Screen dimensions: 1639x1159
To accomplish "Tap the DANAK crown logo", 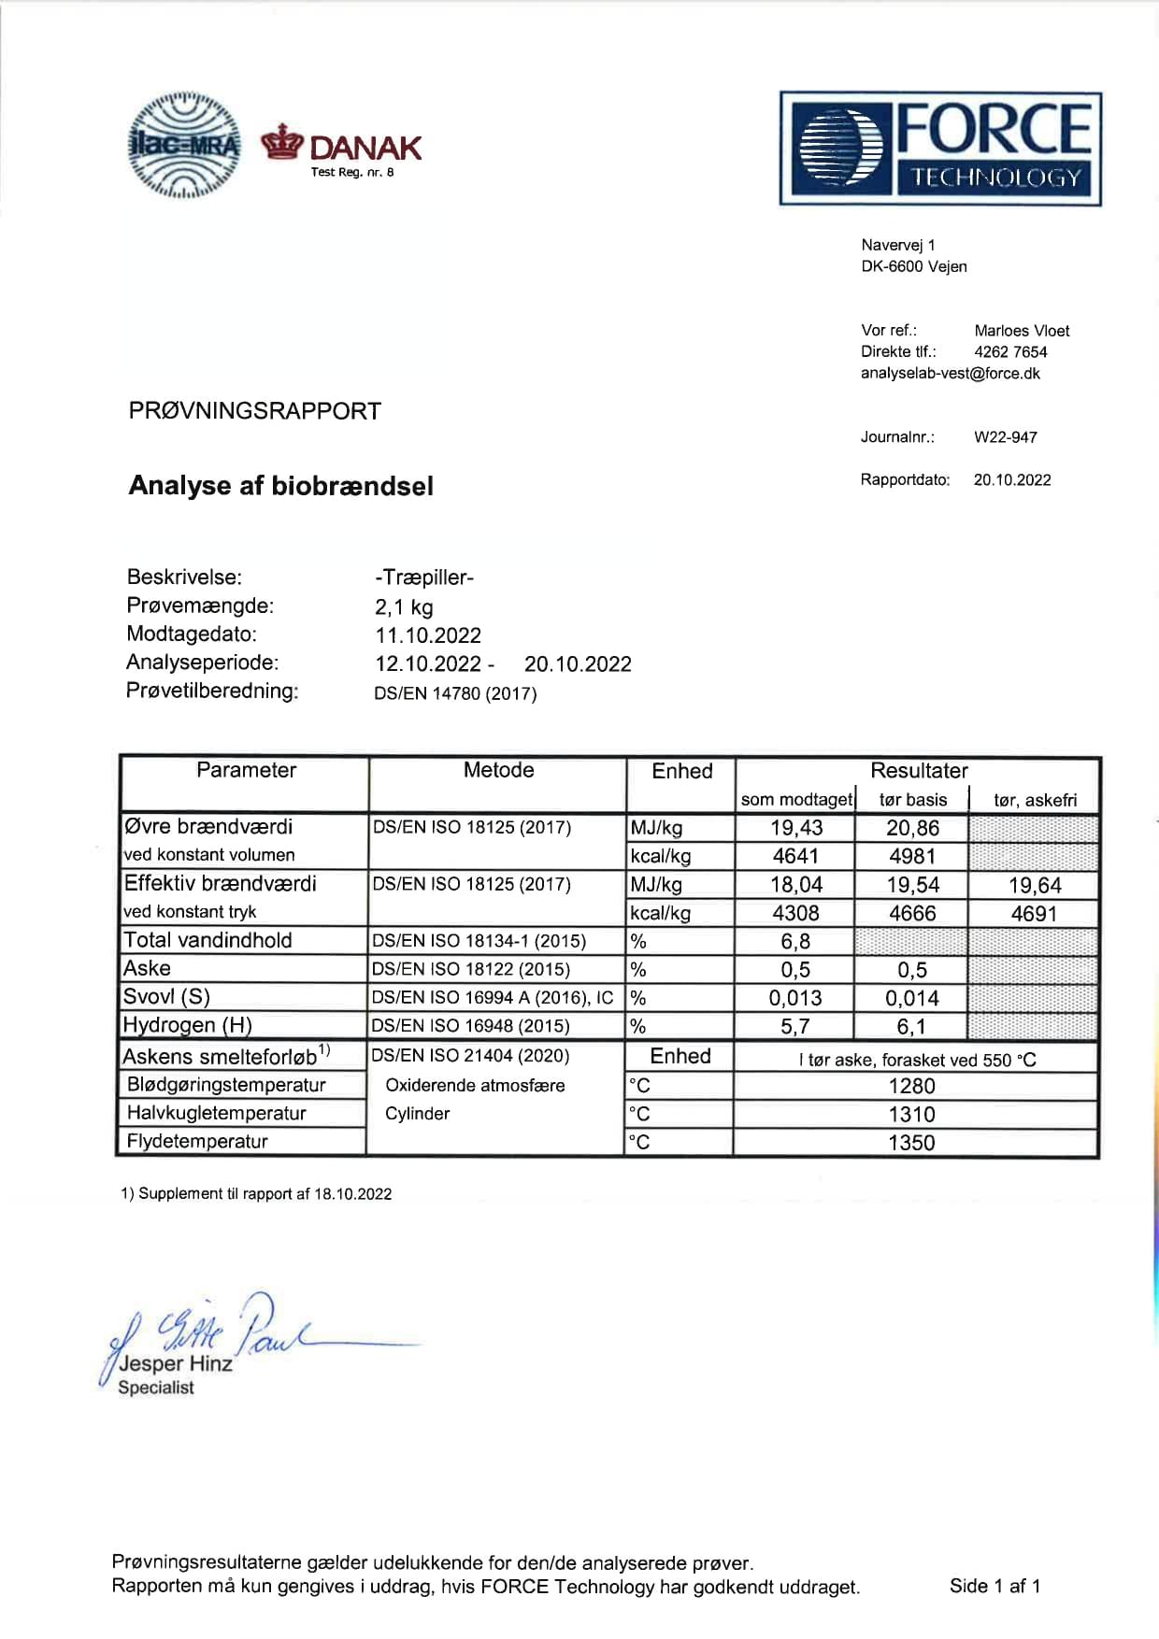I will pyautogui.click(x=282, y=142).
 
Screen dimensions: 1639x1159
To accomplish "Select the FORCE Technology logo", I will pyautogui.click(x=940, y=149).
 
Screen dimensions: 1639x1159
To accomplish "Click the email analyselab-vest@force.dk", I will pyautogui.click(x=950, y=374).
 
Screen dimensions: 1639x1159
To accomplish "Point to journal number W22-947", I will pyautogui.click(x=1005, y=437).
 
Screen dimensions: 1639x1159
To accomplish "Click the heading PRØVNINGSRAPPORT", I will pyautogui.click(x=254, y=411).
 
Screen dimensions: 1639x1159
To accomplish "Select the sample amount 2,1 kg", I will pyautogui.click(x=404, y=607).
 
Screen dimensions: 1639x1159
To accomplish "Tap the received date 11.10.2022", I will pyautogui.click(x=428, y=635).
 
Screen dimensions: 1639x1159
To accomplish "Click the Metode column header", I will pyautogui.click(x=498, y=770).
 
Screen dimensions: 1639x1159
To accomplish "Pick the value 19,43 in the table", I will pyautogui.click(x=796, y=828).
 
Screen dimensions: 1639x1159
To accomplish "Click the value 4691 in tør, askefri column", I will pyautogui.click(x=1034, y=913).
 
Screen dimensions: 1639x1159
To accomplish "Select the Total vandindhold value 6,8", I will pyautogui.click(x=795, y=941).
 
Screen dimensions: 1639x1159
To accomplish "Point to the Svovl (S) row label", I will pyautogui.click(x=166, y=997).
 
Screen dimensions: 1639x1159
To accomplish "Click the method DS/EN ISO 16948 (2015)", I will pyautogui.click(x=470, y=1026).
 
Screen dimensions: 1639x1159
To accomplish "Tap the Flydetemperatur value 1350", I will pyautogui.click(x=911, y=1142).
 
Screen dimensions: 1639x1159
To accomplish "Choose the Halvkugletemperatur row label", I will pyautogui.click(x=216, y=1113).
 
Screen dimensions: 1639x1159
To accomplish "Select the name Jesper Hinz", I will pyautogui.click(x=176, y=1364).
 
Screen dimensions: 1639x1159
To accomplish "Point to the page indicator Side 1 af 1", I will pyautogui.click(x=994, y=1586).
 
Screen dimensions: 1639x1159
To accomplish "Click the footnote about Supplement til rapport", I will pyautogui.click(x=256, y=1194).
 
